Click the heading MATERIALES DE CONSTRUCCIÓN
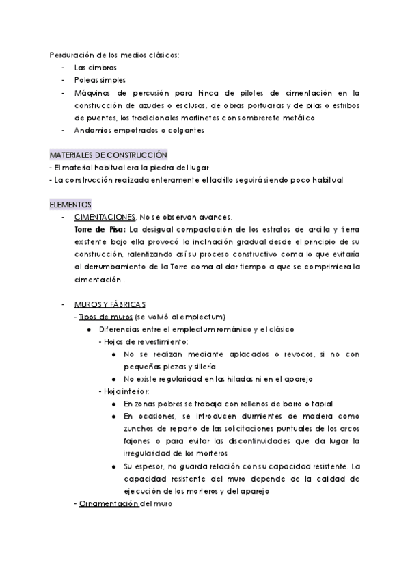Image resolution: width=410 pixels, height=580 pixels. [109, 155]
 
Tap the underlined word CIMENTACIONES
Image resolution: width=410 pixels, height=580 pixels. [106, 217]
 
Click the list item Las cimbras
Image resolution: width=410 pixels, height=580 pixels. [95, 68]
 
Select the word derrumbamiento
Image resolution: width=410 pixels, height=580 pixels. [118, 267]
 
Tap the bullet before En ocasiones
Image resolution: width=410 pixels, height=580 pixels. [113, 416]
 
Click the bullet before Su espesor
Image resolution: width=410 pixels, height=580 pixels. [113, 466]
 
